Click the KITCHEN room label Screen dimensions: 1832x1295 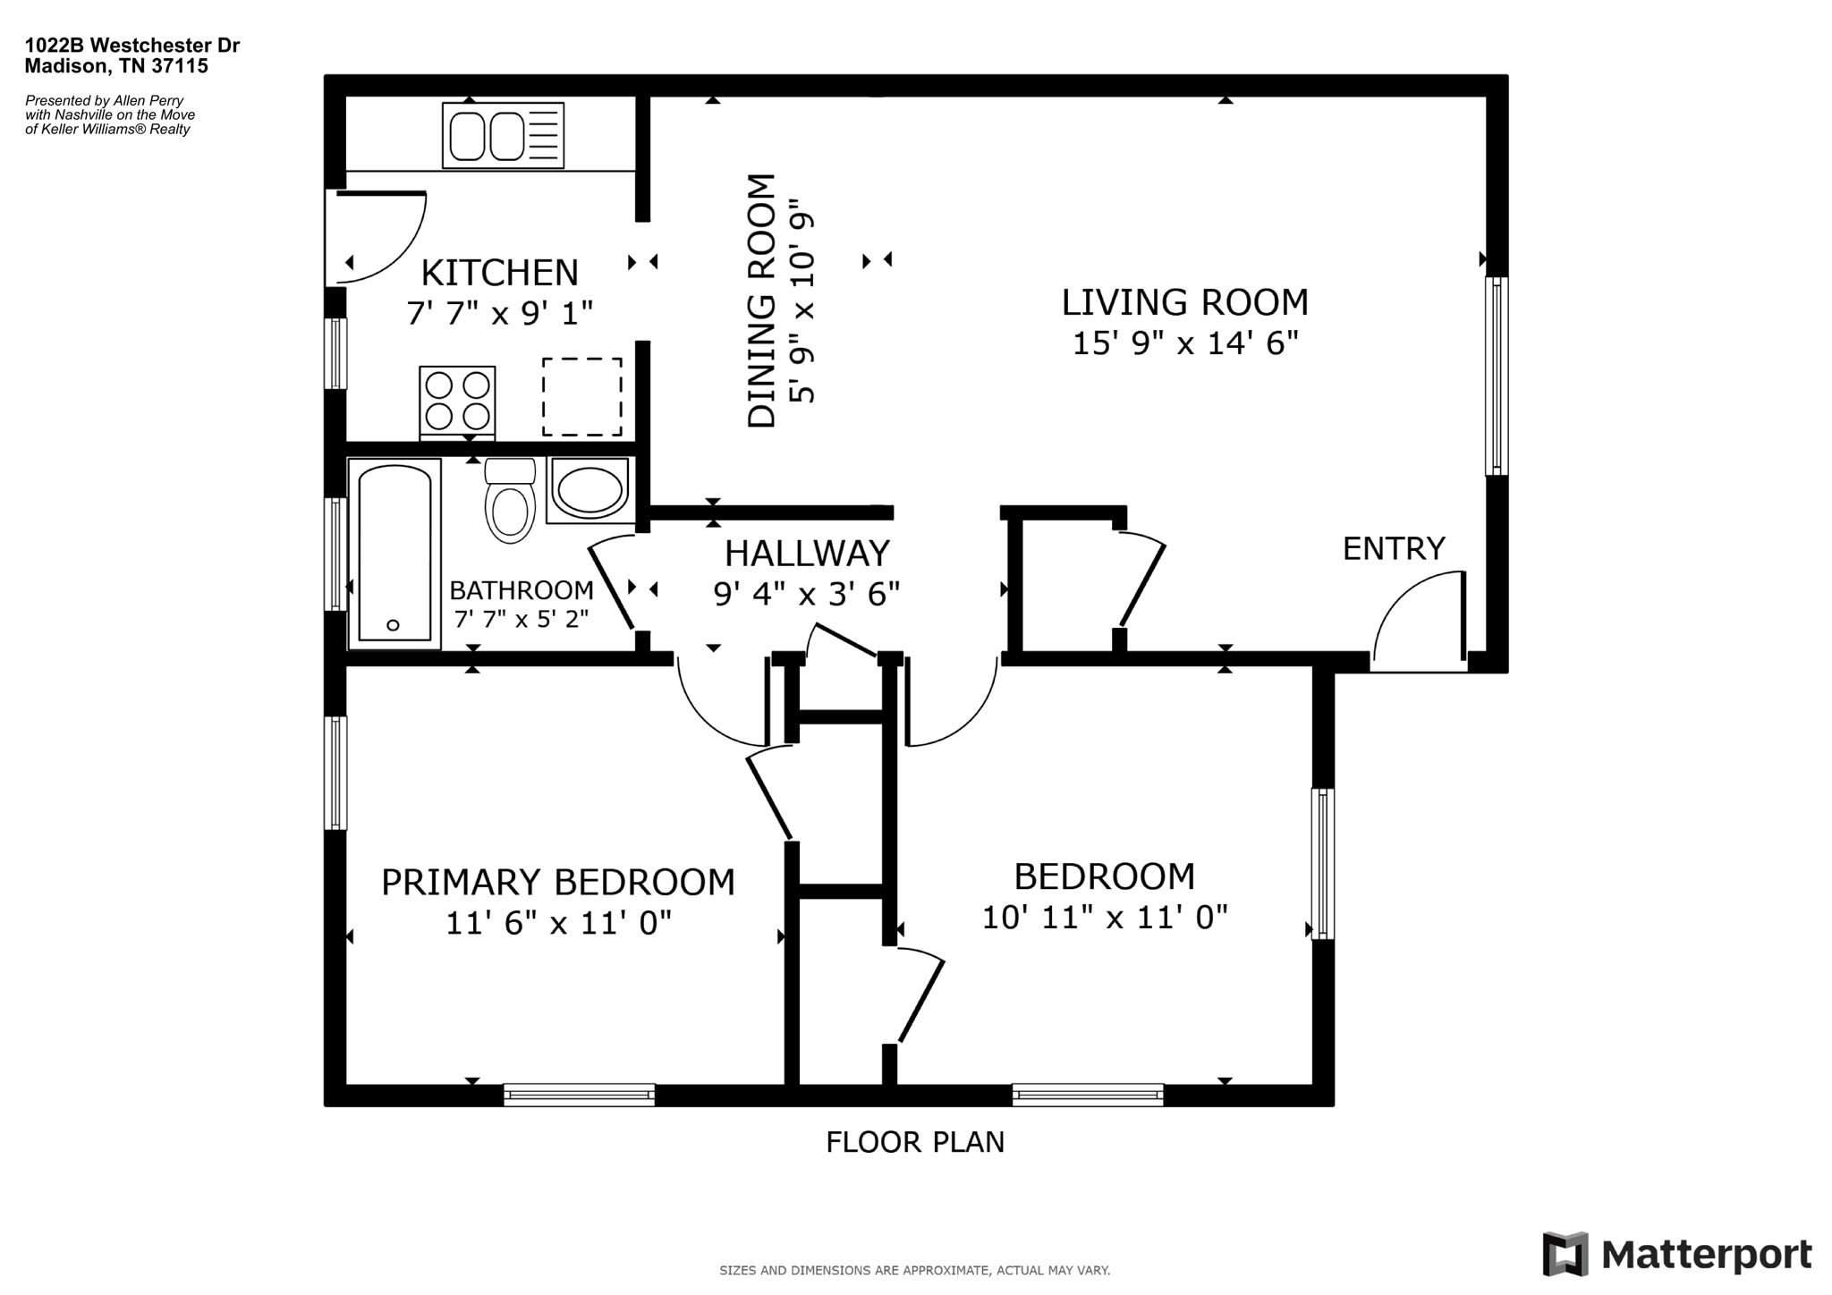[499, 272]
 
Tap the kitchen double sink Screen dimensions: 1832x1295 [504, 135]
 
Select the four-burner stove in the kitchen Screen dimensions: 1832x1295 [457, 402]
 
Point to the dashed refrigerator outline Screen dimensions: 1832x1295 [582, 397]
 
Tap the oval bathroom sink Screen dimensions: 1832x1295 [589, 489]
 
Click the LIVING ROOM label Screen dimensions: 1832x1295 [1184, 302]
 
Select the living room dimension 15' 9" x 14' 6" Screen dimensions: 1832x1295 [1185, 343]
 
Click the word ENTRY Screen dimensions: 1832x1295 [1394, 548]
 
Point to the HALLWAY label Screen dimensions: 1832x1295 [807, 554]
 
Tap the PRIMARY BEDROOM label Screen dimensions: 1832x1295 [558, 882]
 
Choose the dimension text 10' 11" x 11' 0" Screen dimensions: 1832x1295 [1105, 918]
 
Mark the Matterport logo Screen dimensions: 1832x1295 [1677, 1254]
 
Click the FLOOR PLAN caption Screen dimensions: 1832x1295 [915, 1142]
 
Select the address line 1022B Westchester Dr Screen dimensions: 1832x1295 [132, 46]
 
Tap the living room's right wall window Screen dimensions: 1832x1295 [1497, 376]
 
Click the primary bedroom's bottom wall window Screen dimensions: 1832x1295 [579, 1095]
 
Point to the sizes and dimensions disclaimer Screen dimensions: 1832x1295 [915, 1270]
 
